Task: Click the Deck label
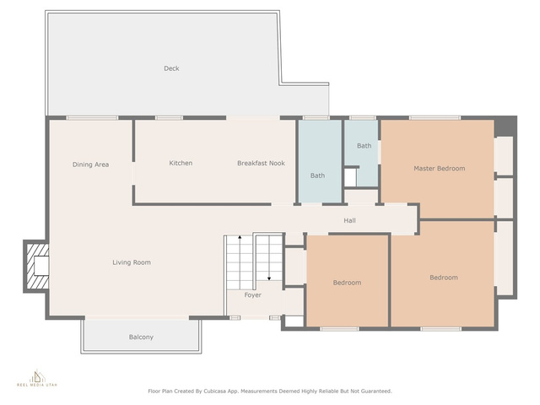point(171,68)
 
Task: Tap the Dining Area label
point(90,165)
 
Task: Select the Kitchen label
point(181,163)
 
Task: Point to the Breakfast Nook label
point(261,163)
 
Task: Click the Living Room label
point(132,262)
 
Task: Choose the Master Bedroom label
point(440,169)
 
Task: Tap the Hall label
point(349,220)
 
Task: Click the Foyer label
point(253,295)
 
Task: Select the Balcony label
point(141,337)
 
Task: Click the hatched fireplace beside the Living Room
point(36,267)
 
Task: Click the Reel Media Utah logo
point(37,378)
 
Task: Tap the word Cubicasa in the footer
point(215,391)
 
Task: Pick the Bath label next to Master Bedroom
point(364,146)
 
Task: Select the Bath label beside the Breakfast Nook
point(317,175)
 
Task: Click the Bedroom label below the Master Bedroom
point(444,278)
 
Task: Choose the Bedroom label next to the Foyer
point(347,283)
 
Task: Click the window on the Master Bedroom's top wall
point(435,118)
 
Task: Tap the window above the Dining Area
point(92,118)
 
